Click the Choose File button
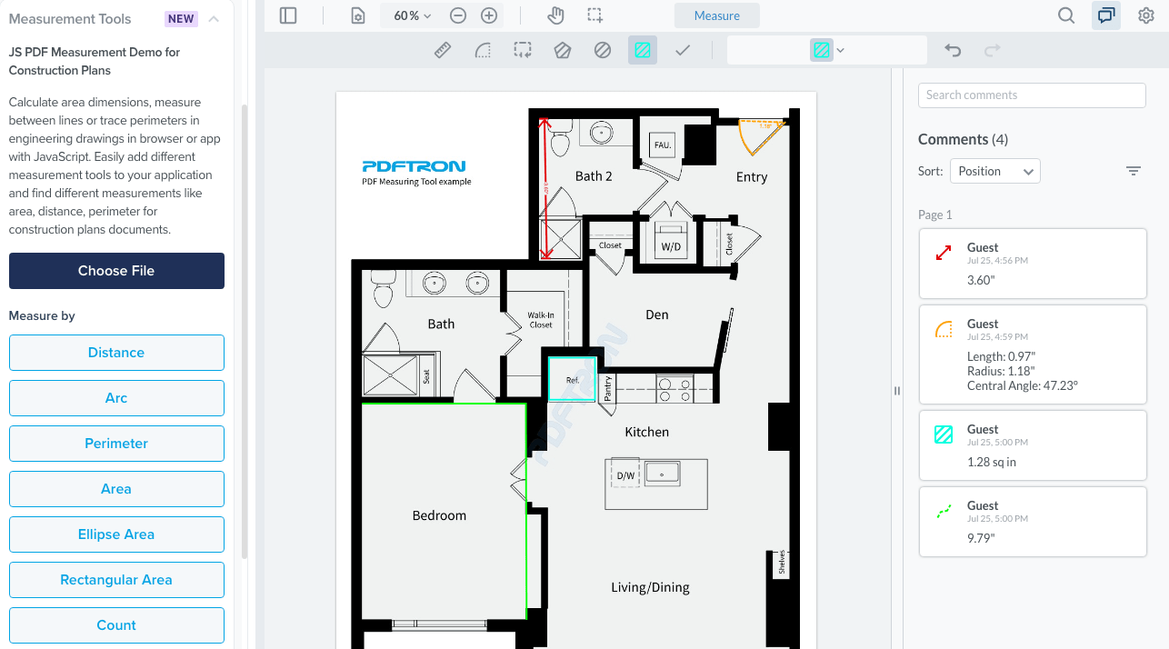[116, 271]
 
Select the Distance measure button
[116, 353]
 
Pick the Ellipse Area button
[116, 534]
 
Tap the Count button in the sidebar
[116, 625]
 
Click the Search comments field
[1032, 95]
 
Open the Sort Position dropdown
[995, 171]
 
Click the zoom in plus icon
[489, 15]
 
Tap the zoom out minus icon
[458, 15]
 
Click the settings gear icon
[1146, 15]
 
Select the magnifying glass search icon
[1066, 15]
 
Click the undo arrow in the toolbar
[953, 51]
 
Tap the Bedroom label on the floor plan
[439, 515]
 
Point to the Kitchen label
[646, 432]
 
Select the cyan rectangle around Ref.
[572, 379]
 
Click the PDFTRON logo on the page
[414, 166]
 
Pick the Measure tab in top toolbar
[716, 15]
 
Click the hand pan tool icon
[555, 15]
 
